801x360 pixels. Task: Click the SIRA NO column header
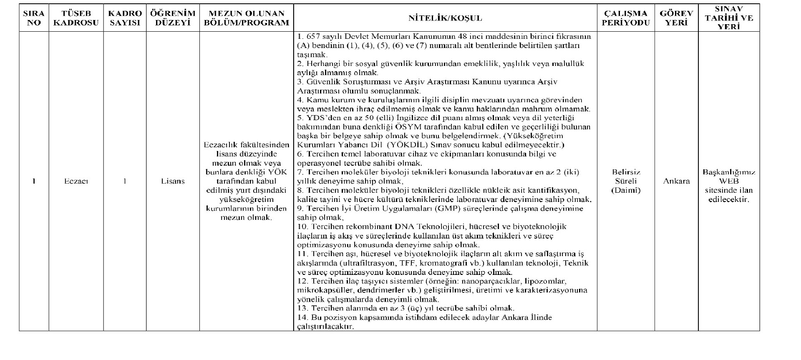click(x=34, y=18)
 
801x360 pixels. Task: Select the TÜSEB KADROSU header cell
click(x=76, y=18)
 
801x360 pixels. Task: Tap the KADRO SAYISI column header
click(x=125, y=18)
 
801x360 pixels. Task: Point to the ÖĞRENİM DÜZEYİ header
click(x=173, y=18)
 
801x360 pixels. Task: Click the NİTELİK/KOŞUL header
click(x=445, y=18)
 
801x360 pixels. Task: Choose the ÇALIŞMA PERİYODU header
click(x=626, y=18)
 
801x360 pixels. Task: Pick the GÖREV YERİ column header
click(x=676, y=18)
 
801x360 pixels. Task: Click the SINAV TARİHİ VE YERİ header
click(x=729, y=18)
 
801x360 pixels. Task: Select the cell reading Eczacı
click(x=76, y=181)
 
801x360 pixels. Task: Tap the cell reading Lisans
click(x=173, y=181)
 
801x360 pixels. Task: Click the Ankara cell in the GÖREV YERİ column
click(x=676, y=181)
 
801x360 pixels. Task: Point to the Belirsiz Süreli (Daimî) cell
click(x=626, y=181)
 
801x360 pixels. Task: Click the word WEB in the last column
click(x=729, y=181)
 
